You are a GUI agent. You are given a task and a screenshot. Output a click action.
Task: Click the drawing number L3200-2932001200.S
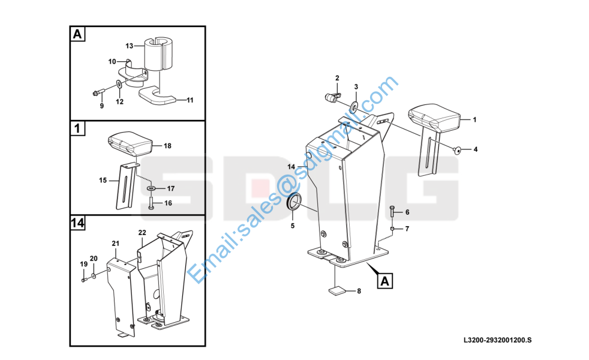pyautogui.click(x=497, y=340)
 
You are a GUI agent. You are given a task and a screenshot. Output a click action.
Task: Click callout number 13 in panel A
pyautogui.click(x=129, y=46)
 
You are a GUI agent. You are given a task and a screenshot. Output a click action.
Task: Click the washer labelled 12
pyautogui.click(x=119, y=83)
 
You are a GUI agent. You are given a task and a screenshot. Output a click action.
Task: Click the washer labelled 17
pyautogui.click(x=151, y=188)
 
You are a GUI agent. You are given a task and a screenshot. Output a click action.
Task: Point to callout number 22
pyautogui.click(x=142, y=233)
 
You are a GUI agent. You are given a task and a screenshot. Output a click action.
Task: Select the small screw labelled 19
pyautogui.click(x=84, y=279)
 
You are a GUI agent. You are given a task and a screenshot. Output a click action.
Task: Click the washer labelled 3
pyautogui.click(x=354, y=107)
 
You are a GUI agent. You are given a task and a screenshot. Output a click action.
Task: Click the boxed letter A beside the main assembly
pyautogui.click(x=384, y=281)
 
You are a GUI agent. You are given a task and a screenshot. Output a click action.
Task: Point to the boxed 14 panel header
pyautogui.click(x=78, y=223)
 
